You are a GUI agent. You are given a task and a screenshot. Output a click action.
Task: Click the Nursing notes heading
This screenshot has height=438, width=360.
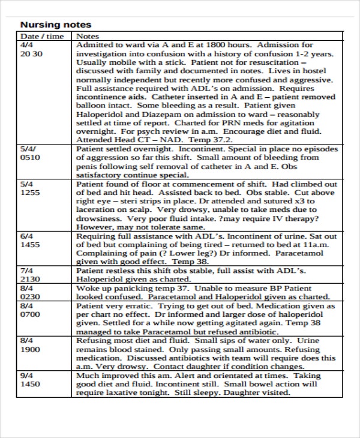point(56,25)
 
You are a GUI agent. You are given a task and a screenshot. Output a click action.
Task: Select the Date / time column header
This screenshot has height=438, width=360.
point(41,36)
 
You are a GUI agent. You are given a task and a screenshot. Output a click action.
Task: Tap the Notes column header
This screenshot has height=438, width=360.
point(88,36)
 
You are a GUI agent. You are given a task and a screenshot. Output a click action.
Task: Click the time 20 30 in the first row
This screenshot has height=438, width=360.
point(31,53)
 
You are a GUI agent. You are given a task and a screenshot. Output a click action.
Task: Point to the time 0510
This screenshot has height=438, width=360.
point(31,158)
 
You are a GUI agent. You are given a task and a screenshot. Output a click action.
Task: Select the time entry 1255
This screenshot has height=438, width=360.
point(31,193)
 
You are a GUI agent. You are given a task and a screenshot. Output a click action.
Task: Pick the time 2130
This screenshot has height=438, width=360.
point(31,280)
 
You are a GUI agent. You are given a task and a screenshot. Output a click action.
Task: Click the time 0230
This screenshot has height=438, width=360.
point(31,297)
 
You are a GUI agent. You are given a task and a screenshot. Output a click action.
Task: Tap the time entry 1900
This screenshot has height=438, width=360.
point(31,349)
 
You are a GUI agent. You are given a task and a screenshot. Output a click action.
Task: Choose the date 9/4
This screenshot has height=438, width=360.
point(26,375)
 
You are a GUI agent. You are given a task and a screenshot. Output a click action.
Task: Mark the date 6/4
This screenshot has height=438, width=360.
point(26,236)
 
